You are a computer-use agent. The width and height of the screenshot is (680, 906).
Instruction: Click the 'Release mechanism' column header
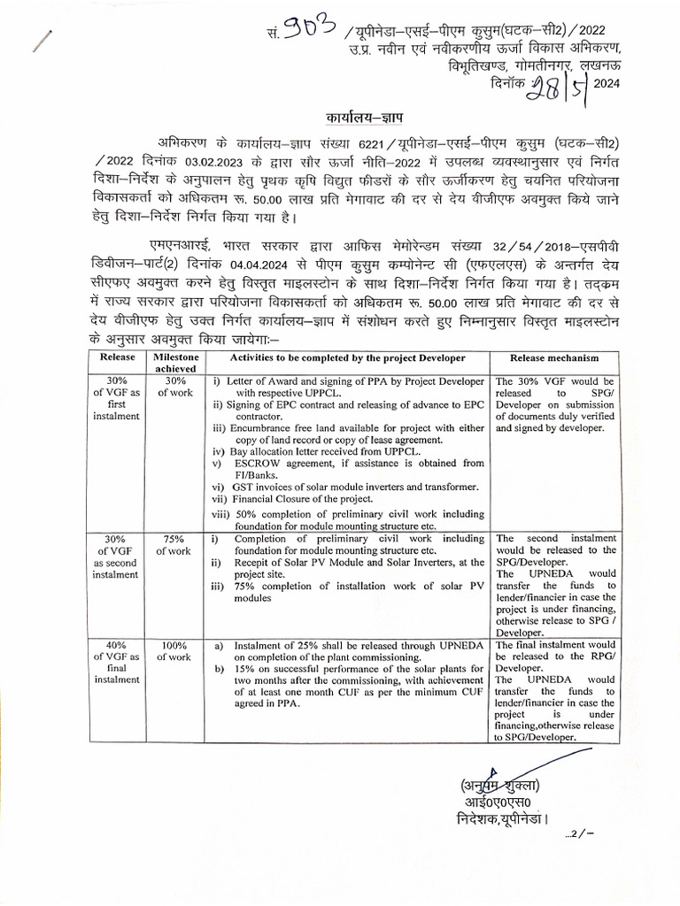[554, 357]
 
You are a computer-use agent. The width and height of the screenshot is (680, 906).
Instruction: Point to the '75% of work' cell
[174, 544]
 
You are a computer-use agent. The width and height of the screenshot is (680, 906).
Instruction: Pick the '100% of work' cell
[174, 650]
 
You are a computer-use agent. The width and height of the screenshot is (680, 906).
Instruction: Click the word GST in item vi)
[243, 487]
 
